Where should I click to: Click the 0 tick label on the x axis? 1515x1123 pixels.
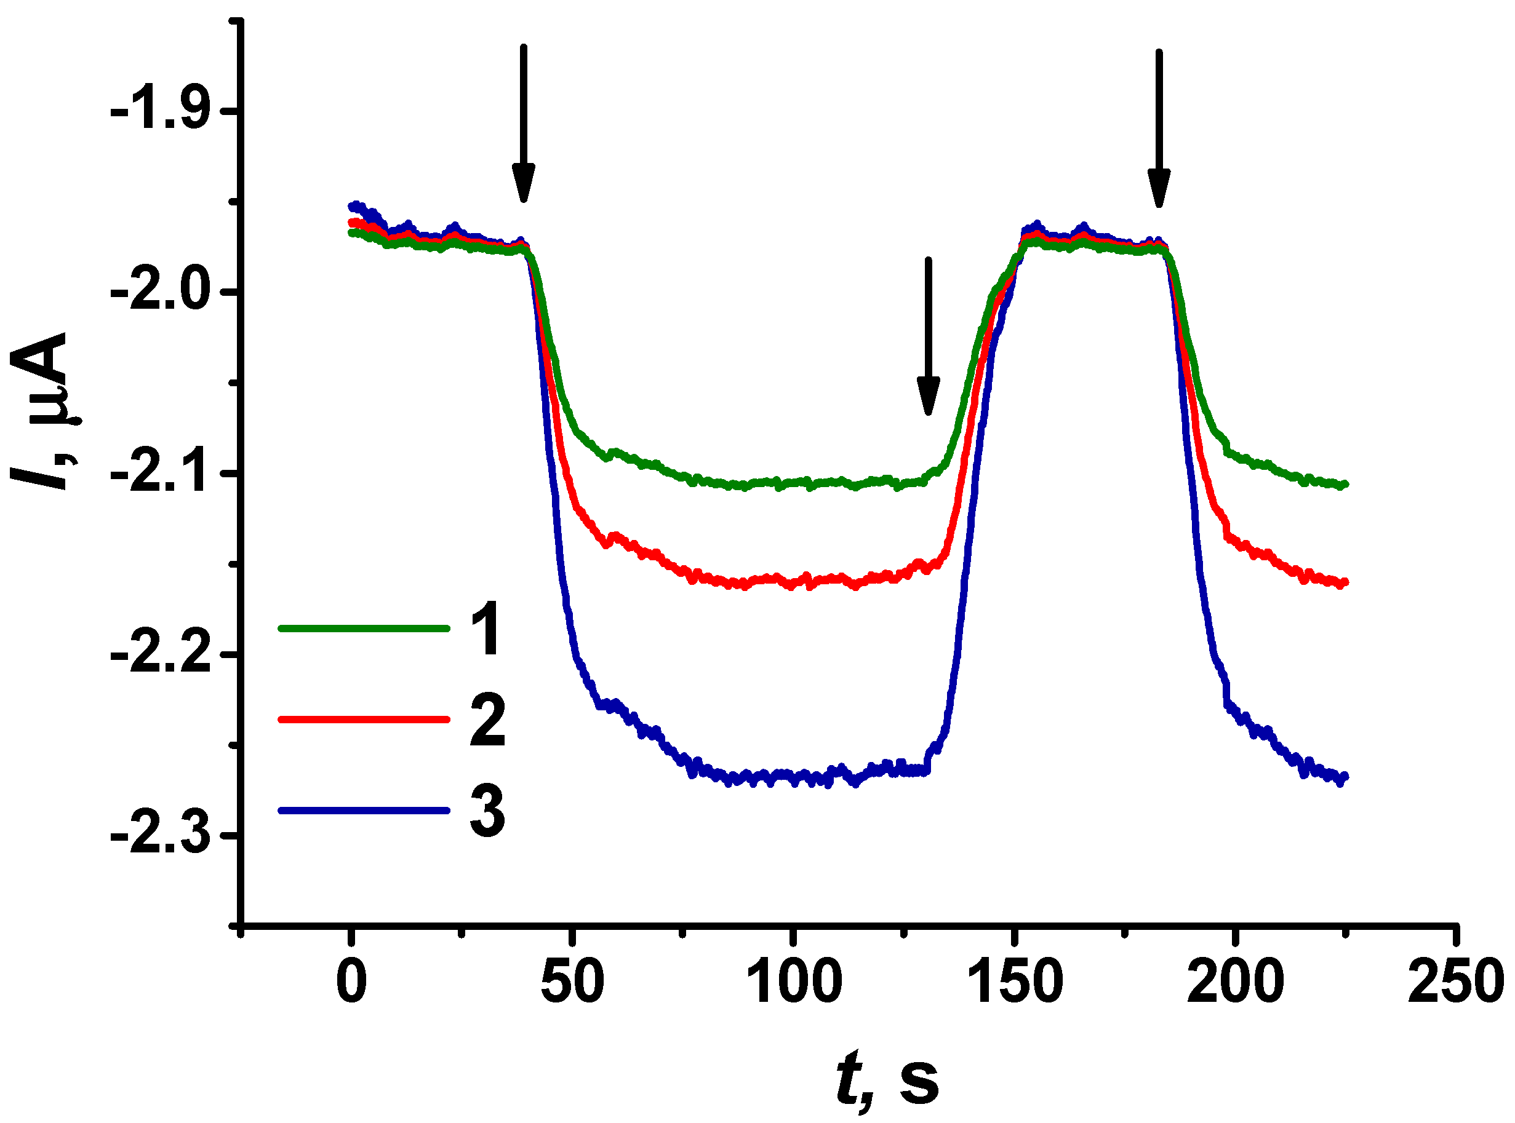coord(351,982)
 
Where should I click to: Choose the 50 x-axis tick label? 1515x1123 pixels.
coord(572,982)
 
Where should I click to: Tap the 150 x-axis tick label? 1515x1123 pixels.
coord(1015,982)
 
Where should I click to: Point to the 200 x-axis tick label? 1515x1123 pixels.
coord(1235,982)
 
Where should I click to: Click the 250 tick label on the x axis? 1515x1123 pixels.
coord(1455,982)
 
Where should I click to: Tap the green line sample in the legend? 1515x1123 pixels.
coord(364,629)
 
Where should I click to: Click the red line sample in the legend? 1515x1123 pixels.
coord(364,719)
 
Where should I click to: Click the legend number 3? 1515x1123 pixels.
coord(487,811)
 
